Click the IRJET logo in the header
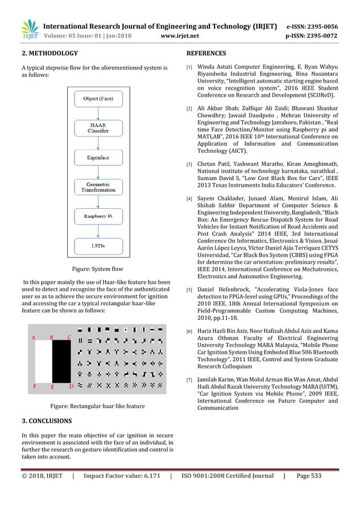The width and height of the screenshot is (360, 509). [x=29, y=29]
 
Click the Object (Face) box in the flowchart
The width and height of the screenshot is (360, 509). [x=98, y=99]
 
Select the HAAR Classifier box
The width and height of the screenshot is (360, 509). [x=98, y=128]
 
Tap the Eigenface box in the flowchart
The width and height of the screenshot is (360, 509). [x=98, y=159]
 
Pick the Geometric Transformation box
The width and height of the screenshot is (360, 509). [x=98, y=187]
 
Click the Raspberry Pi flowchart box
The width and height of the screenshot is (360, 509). [x=98, y=216]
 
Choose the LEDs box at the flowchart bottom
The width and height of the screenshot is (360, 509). [x=98, y=246]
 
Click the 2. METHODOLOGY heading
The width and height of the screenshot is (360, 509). [x=50, y=54]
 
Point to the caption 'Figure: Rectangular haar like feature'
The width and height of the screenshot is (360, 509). [x=98, y=406]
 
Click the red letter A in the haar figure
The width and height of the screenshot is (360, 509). [x=34, y=337]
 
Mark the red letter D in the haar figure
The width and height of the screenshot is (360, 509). [x=71, y=387]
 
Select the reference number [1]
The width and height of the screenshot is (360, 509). [x=190, y=67]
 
